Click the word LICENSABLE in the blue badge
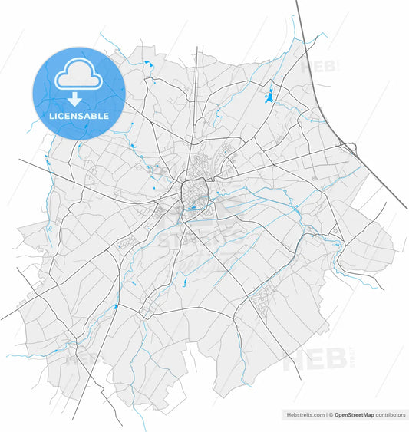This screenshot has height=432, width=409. [78, 117]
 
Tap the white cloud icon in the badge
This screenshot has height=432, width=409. [78, 75]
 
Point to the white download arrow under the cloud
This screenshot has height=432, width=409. [75, 99]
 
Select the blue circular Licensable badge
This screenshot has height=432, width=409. [78, 93]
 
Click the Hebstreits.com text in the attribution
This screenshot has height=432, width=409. [303, 414]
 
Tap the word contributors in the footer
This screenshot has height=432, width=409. [391, 414]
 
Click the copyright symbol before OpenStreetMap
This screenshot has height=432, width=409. [331, 414]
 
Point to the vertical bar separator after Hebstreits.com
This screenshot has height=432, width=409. [325, 414]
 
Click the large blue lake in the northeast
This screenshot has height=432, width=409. [269, 97]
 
